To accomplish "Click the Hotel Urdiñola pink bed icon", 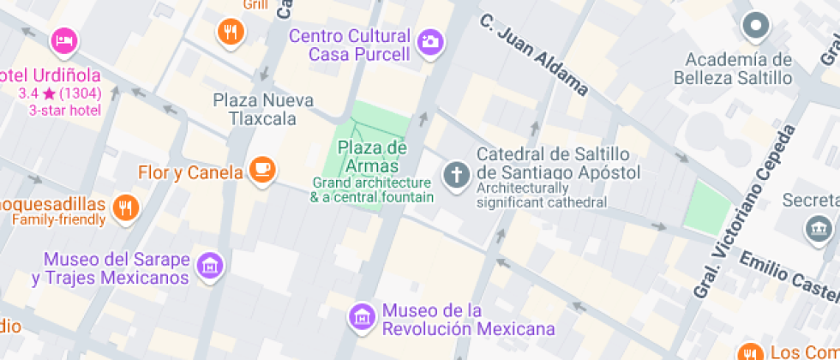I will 64,39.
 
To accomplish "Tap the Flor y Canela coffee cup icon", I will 262,170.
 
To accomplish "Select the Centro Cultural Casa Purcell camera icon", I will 429,40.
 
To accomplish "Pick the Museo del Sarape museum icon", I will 208,265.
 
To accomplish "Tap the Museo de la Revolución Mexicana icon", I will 362,316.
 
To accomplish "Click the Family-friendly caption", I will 58,219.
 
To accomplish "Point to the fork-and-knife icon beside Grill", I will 230,33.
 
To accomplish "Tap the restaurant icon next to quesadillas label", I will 125,206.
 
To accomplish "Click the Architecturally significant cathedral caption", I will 542,195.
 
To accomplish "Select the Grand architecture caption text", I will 371,189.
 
